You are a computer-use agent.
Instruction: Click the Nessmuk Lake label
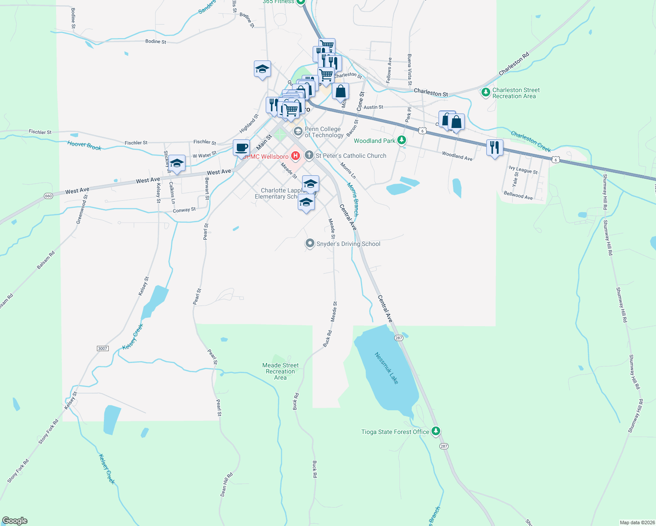pos(387,368)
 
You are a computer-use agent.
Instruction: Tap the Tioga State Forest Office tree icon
pos(435,431)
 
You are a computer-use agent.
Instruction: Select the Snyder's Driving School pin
pos(310,243)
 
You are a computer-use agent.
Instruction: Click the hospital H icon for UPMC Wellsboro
pos(296,156)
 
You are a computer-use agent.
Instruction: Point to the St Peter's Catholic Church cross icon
pos(309,155)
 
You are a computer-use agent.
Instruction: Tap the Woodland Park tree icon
pos(402,140)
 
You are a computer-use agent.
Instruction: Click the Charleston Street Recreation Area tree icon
pos(485,92)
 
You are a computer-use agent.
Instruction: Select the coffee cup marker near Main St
pos(241,148)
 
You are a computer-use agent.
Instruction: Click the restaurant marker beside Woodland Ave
pos(495,147)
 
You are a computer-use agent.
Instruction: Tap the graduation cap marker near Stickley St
pos(177,163)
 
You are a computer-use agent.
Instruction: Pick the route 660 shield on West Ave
pos(48,196)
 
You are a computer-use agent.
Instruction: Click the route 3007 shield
pos(103,348)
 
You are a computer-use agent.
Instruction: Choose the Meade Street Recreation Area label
pos(280,371)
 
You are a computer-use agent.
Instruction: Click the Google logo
pos(15,521)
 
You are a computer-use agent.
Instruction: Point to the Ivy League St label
pos(523,170)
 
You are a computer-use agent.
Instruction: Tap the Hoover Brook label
pos(84,146)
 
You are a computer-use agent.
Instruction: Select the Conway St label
pos(184,210)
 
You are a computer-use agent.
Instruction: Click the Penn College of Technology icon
pos(298,131)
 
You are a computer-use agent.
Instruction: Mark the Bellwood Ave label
pos(518,195)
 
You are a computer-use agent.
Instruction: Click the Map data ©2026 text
pos(636,522)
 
